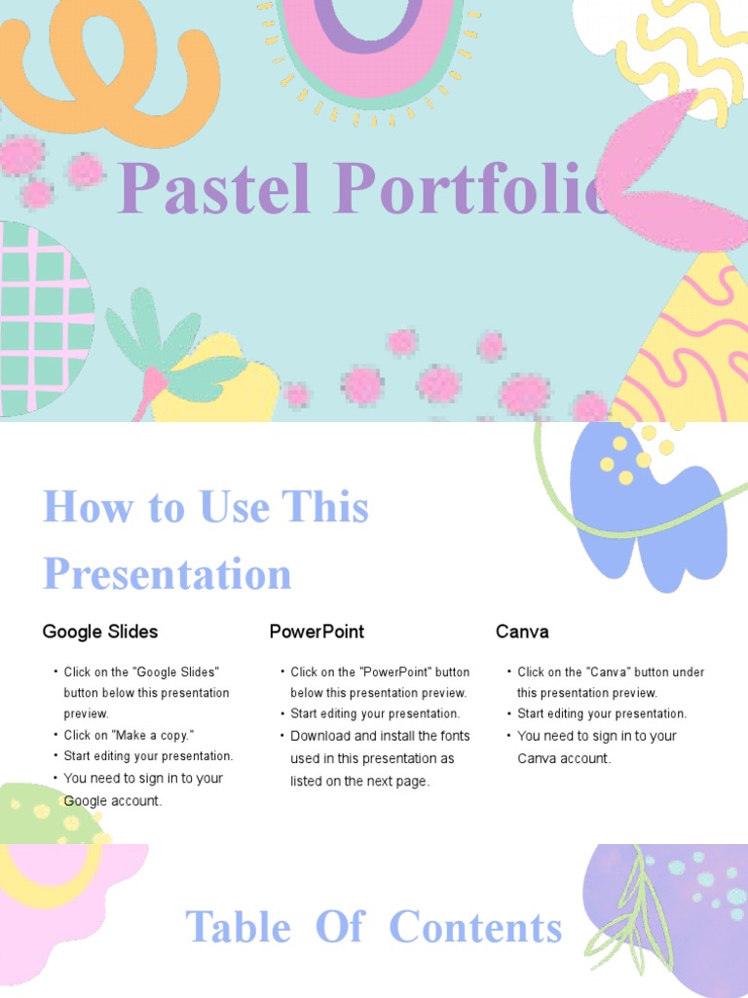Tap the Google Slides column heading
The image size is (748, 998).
[99, 632]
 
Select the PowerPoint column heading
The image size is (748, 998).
[317, 632]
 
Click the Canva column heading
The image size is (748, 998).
[522, 632]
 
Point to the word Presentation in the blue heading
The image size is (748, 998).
[167, 573]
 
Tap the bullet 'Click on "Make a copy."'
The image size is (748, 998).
[129, 735]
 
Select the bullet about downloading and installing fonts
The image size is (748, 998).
[380, 758]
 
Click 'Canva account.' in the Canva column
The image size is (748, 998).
[564, 758]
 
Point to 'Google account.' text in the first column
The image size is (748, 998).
[113, 800]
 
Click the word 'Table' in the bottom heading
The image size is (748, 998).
[238, 927]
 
